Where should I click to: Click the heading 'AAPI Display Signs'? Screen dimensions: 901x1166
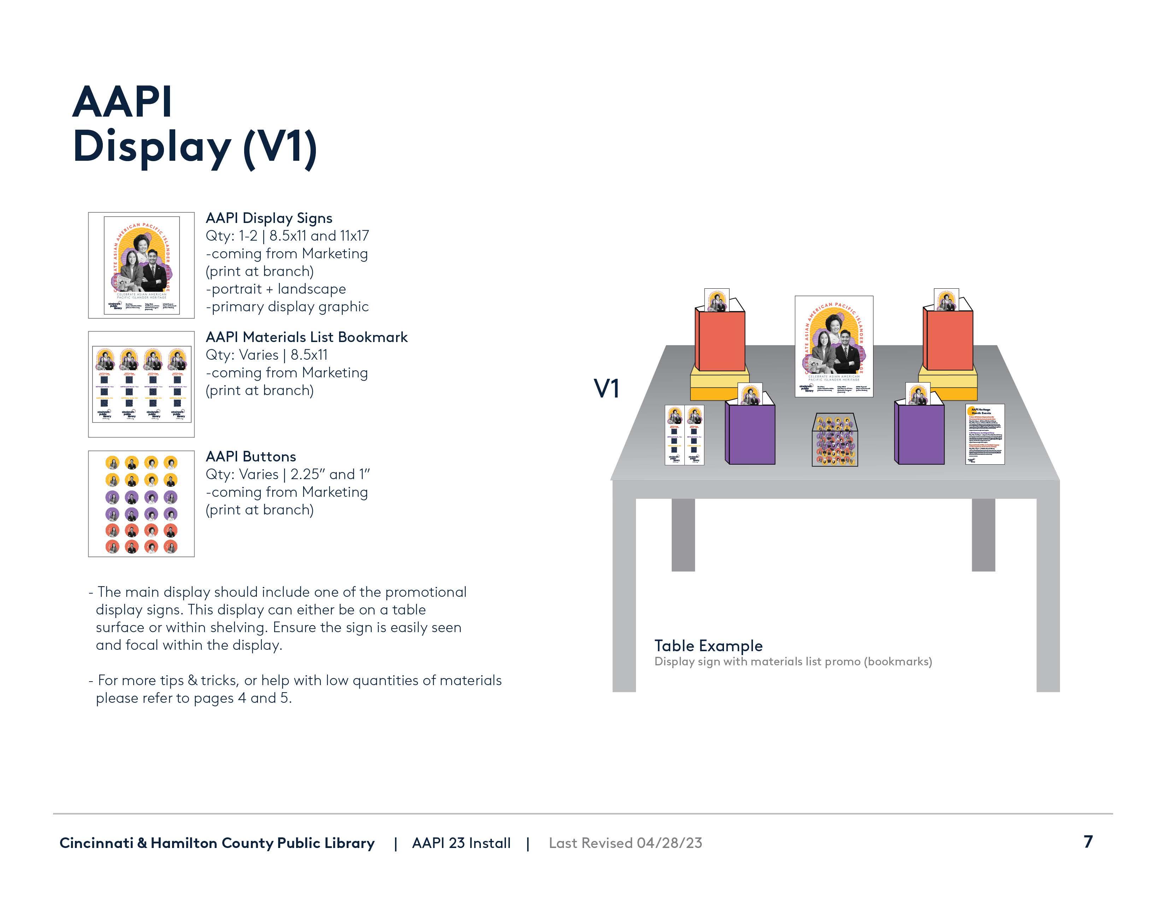[269, 218]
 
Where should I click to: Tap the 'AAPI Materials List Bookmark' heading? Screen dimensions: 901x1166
[306, 337]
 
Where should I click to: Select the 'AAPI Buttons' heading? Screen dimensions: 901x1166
[251, 457]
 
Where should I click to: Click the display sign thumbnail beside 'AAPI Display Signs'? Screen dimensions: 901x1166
[141, 265]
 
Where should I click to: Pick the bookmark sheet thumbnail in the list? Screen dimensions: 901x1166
[141, 384]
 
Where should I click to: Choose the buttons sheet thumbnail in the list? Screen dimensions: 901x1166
[141, 504]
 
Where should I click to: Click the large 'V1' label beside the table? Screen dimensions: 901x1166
[606, 389]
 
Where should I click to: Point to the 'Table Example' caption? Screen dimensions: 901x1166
[708, 646]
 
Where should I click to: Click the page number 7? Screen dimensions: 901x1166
[1088, 842]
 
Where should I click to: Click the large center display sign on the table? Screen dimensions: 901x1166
[834, 346]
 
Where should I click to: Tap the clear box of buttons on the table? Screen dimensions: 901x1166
[835, 440]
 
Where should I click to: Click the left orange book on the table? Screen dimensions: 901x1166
[720, 341]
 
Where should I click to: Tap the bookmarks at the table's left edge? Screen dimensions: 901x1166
[684, 435]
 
